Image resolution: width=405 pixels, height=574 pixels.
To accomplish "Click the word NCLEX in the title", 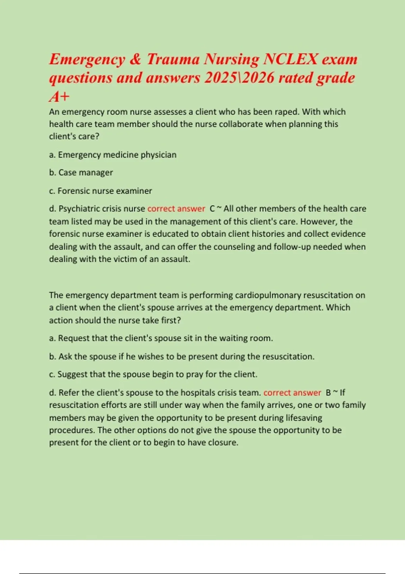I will coord(290,59).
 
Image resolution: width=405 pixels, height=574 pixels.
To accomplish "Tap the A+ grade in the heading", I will coord(59,97).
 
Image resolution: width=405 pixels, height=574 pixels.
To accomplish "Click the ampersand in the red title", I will coord(135,59).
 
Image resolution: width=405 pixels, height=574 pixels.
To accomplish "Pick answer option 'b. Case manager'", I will coord(81,173).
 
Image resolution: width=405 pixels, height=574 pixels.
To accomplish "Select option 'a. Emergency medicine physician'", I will coord(113,155).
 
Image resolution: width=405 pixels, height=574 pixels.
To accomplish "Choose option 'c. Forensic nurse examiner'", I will coord(101,191).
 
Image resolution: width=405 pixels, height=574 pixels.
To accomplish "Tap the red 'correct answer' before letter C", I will coord(176,209).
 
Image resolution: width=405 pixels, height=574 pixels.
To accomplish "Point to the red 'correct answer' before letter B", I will coord(292,393).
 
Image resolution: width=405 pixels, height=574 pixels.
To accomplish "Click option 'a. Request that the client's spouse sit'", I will coord(161,338).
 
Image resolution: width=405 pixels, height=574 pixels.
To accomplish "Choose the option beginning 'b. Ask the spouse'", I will coord(182,357).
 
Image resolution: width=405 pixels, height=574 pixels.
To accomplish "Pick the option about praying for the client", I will coord(153,374).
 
